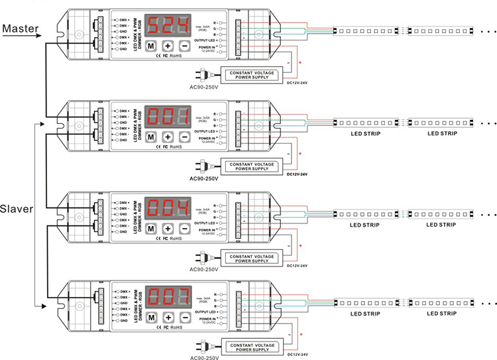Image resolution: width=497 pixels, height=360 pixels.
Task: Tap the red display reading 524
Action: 168,27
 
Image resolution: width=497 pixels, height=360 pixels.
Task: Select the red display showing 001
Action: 168,118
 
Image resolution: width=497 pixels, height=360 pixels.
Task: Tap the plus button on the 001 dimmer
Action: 168,137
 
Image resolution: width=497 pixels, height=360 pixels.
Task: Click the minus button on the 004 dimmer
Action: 185,227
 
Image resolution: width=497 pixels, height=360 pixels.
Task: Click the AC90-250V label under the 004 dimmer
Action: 208,270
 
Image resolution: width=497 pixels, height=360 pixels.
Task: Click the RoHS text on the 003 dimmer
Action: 176,326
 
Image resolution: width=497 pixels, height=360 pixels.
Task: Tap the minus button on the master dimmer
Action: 185,46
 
